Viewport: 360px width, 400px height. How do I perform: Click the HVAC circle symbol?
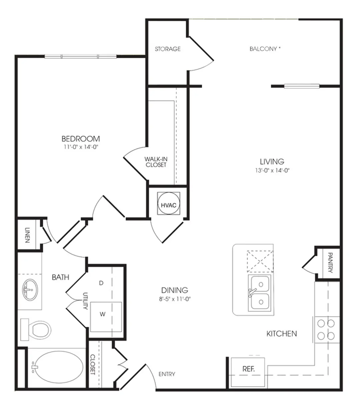coord(168,205)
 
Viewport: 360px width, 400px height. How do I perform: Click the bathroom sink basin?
coord(30,290)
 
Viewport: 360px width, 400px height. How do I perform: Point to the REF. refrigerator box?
coord(248,369)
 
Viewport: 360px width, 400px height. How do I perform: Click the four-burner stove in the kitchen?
coord(326,329)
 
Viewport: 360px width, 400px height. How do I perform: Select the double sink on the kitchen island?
coord(260,293)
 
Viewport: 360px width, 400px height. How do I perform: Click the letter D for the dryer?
coord(101,283)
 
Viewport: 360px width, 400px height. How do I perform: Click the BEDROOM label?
coord(81,139)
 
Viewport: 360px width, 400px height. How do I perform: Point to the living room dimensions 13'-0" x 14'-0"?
coord(272,171)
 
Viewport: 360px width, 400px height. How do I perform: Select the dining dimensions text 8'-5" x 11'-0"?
coord(175,299)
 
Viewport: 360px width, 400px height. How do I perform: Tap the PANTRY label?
coord(330,263)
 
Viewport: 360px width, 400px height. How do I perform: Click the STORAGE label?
coord(168,49)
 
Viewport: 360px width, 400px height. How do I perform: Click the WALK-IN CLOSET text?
coord(156,162)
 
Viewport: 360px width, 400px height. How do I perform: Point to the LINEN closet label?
coord(27,235)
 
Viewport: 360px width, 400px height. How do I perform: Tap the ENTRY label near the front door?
coord(167,374)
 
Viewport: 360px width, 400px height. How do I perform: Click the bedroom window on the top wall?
coord(81,56)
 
